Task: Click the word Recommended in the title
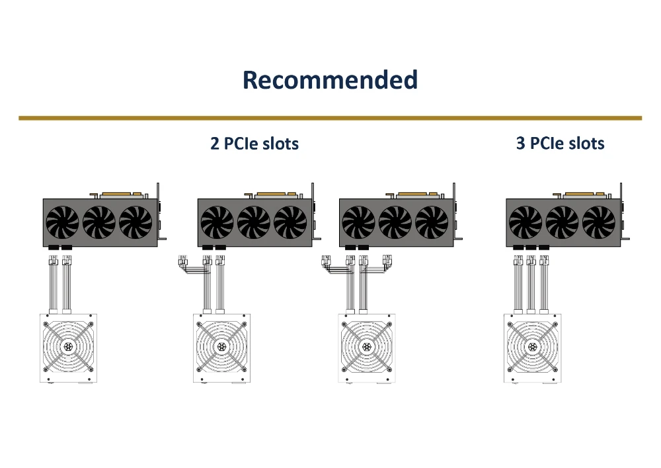pyautogui.click(x=330, y=80)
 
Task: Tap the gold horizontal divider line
pyautogui.click(x=330, y=118)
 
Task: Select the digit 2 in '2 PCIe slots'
pyautogui.click(x=215, y=144)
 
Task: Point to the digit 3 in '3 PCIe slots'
pyautogui.click(x=521, y=143)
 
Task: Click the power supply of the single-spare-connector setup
pyautogui.click(x=221, y=348)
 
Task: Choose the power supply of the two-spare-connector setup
pyautogui.click(x=367, y=348)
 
